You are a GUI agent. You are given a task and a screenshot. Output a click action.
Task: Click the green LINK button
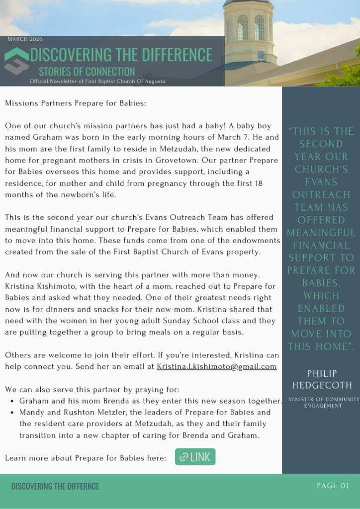click(195, 457)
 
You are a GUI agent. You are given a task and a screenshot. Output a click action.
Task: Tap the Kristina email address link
click(216, 367)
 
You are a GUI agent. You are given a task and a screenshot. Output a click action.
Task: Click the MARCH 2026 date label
click(25, 39)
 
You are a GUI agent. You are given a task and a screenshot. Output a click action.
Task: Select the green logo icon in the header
click(16, 61)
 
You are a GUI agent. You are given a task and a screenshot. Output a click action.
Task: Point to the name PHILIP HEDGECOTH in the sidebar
click(322, 379)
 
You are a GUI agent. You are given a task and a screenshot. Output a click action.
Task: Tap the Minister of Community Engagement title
click(323, 402)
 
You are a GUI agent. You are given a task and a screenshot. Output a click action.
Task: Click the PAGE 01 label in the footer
click(333, 486)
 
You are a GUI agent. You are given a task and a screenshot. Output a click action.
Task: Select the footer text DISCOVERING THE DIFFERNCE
click(55, 486)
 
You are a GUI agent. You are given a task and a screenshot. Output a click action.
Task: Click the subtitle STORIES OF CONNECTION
click(87, 72)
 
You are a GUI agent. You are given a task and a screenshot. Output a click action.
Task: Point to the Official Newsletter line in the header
click(97, 81)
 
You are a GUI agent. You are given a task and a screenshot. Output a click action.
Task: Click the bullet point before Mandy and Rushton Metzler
click(12, 413)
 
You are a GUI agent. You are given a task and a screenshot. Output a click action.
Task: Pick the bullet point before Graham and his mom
click(12, 401)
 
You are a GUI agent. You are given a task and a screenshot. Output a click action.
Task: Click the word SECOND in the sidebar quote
click(321, 144)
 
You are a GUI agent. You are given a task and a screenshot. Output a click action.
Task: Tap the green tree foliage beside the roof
click(348, 75)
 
